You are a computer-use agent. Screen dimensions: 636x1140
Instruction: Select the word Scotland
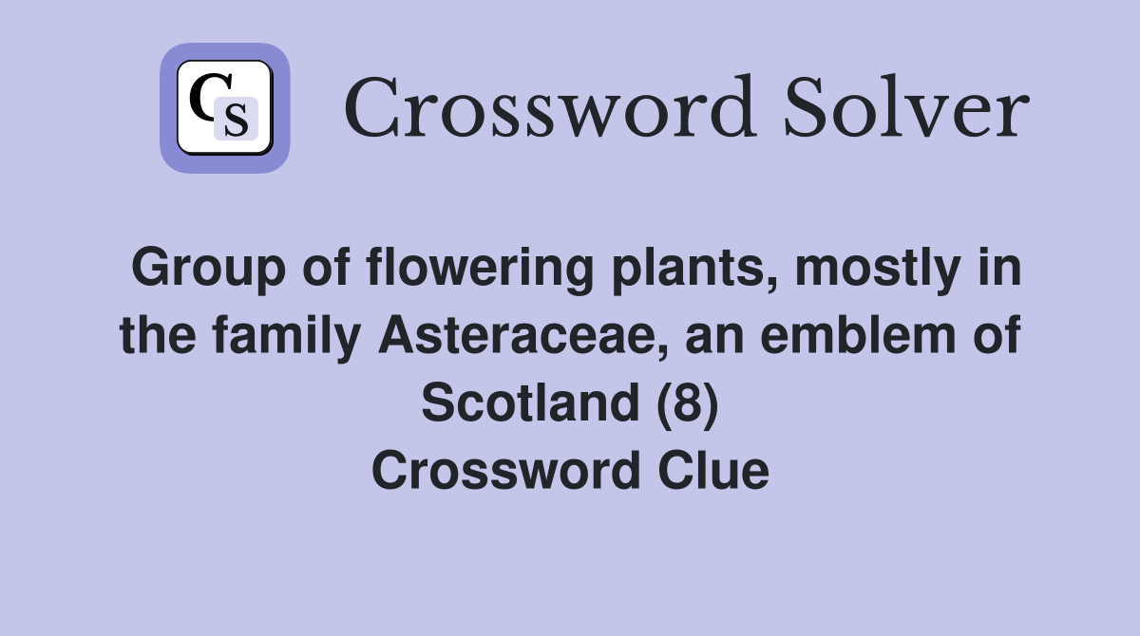pyautogui.click(x=529, y=402)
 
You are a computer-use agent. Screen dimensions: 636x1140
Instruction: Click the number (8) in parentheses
pyautogui.click(x=687, y=402)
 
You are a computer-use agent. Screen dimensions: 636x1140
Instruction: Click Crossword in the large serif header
pyautogui.click(x=549, y=109)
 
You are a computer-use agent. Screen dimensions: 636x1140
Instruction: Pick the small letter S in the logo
pyautogui.click(x=236, y=120)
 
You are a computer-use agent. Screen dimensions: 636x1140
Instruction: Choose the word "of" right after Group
pyautogui.click(x=325, y=269)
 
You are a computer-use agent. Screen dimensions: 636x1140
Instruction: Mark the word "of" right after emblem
pyautogui.click(x=999, y=336)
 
